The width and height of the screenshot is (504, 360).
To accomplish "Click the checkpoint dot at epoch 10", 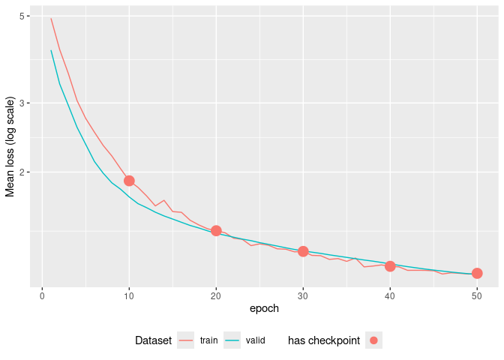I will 129,181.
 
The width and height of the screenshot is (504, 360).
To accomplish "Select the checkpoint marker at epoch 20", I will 216,230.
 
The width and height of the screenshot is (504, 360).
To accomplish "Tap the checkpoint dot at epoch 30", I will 303,251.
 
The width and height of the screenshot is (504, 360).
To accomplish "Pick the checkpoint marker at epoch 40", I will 390,266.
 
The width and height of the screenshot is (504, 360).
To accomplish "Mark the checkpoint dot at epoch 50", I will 477,273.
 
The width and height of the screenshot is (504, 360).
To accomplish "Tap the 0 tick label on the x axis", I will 42,296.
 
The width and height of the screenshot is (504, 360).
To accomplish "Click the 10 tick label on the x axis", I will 129,296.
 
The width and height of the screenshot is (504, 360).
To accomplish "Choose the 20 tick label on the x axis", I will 216,296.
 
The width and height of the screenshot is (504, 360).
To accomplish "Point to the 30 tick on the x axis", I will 303,296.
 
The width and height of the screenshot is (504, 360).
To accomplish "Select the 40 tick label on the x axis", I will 390,296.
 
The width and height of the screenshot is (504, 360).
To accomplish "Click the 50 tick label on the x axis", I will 477,296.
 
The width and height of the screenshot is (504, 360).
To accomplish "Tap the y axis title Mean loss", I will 10,147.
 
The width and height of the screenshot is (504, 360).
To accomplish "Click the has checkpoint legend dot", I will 374,340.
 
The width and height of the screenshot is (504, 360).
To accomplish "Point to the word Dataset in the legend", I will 153,340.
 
